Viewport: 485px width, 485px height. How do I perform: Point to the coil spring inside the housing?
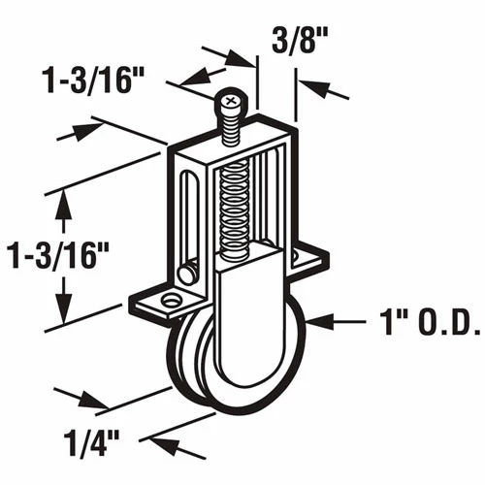(x=234, y=210)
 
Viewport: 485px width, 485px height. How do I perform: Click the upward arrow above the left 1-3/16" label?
(x=65, y=202)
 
